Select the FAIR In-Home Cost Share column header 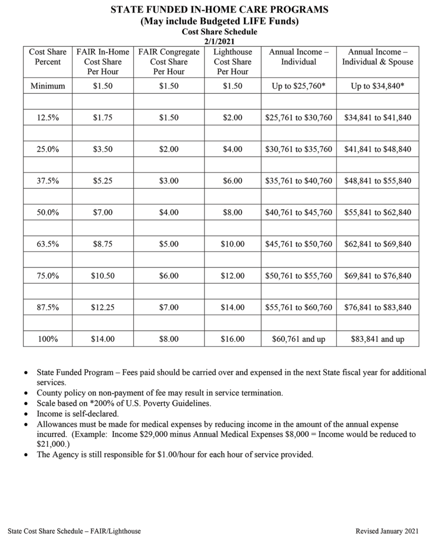[103, 62]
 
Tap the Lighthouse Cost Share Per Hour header [232, 62]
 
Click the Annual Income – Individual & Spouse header [377, 57]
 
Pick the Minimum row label [48, 86]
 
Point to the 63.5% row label [48, 244]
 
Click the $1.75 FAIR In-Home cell [103, 118]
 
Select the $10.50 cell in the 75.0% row [103, 275]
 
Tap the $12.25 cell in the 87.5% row [103, 307]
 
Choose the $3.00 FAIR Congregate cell [169, 181]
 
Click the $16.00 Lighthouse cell [232, 339]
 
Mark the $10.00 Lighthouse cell [232, 244]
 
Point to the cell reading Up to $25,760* [299, 86]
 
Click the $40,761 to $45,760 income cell [299, 212]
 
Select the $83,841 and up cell [377, 339]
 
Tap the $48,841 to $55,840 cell [377, 181]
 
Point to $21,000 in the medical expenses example [50, 444]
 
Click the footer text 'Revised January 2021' [388, 531]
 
